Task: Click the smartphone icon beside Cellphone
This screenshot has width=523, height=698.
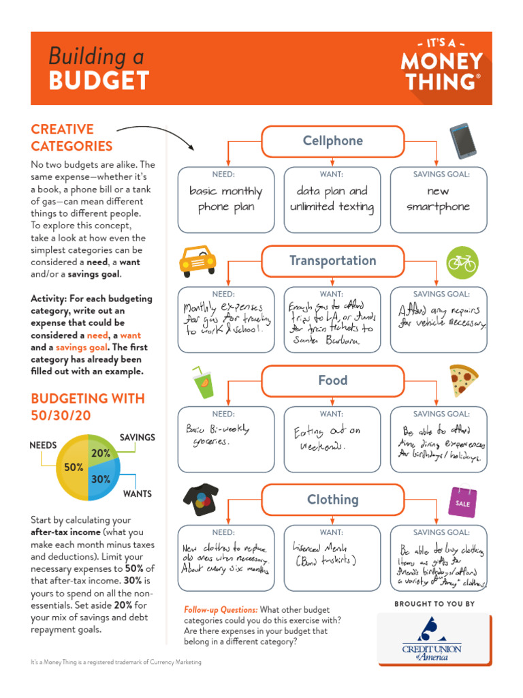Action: (x=463, y=141)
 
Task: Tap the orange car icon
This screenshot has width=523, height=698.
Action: (x=197, y=260)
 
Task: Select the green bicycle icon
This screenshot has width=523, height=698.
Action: (x=462, y=262)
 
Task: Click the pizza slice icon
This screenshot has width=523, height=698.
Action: (x=463, y=380)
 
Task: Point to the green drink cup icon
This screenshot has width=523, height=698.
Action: (x=202, y=384)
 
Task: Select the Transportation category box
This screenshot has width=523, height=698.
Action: (x=332, y=261)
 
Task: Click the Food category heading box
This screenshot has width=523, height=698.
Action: (x=332, y=380)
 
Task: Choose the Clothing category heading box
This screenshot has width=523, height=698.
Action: (x=332, y=500)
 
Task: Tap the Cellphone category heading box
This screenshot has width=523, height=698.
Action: (x=332, y=141)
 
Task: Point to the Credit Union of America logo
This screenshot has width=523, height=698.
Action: (x=433, y=639)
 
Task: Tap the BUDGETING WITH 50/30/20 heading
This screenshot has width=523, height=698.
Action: (x=79, y=407)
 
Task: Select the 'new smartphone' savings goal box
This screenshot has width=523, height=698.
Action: (x=438, y=199)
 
